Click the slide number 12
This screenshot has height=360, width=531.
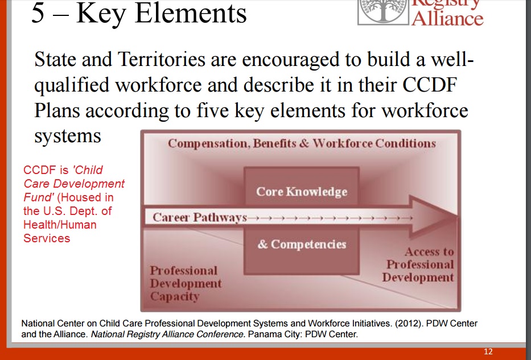coord(488,351)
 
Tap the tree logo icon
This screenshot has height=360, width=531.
coord(383,12)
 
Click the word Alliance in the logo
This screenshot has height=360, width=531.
coord(447,18)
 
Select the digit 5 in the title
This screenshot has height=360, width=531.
coord(38,13)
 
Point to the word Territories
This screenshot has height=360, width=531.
coord(162,59)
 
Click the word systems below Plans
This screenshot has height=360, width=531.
coord(68,136)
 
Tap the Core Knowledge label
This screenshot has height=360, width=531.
coord(302,192)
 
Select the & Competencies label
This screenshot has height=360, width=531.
coord(302,245)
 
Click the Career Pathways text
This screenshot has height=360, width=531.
coord(199,217)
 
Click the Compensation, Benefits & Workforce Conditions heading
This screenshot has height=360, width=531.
coord(302,143)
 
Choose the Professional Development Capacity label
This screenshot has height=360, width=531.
coord(186,284)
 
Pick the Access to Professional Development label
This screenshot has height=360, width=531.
coord(418,264)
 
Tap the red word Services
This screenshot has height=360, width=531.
coord(47,238)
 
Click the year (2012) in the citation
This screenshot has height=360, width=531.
coord(409,324)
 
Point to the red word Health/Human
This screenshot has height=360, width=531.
coord(60,225)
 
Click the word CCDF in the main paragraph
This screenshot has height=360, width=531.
coord(430,85)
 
